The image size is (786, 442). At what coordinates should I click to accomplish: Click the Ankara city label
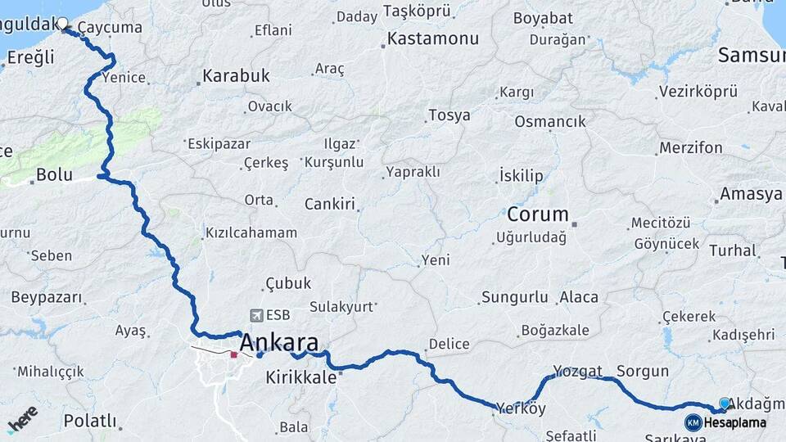click(x=279, y=342)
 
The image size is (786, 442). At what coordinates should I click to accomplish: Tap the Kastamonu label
click(x=432, y=38)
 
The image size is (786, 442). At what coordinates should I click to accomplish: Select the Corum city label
click(x=538, y=215)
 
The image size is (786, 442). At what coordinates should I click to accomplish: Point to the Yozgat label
click(x=577, y=371)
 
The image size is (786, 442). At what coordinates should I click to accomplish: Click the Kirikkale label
click(x=301, y=377)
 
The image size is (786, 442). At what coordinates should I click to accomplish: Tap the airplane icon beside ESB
click(x=257, y=315)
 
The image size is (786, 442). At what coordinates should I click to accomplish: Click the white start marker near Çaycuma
click(x=62, y=24)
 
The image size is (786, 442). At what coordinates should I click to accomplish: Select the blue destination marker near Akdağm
click(x=725, y=404)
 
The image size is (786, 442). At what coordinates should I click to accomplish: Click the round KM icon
click(x=693, y=422)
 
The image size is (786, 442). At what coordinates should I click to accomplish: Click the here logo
click(x=22, y=418)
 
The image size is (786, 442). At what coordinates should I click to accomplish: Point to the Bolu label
click(x=54, y=174)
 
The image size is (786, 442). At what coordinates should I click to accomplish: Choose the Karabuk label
click(x=236, y=76)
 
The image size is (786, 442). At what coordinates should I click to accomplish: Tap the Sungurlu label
click(x=515, y=297)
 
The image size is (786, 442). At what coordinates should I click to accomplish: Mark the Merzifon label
click(x=690, y=148)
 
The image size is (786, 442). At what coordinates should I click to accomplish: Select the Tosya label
click(x=449, y=115)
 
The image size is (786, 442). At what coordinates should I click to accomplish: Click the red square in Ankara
click(x=234, y=355)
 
